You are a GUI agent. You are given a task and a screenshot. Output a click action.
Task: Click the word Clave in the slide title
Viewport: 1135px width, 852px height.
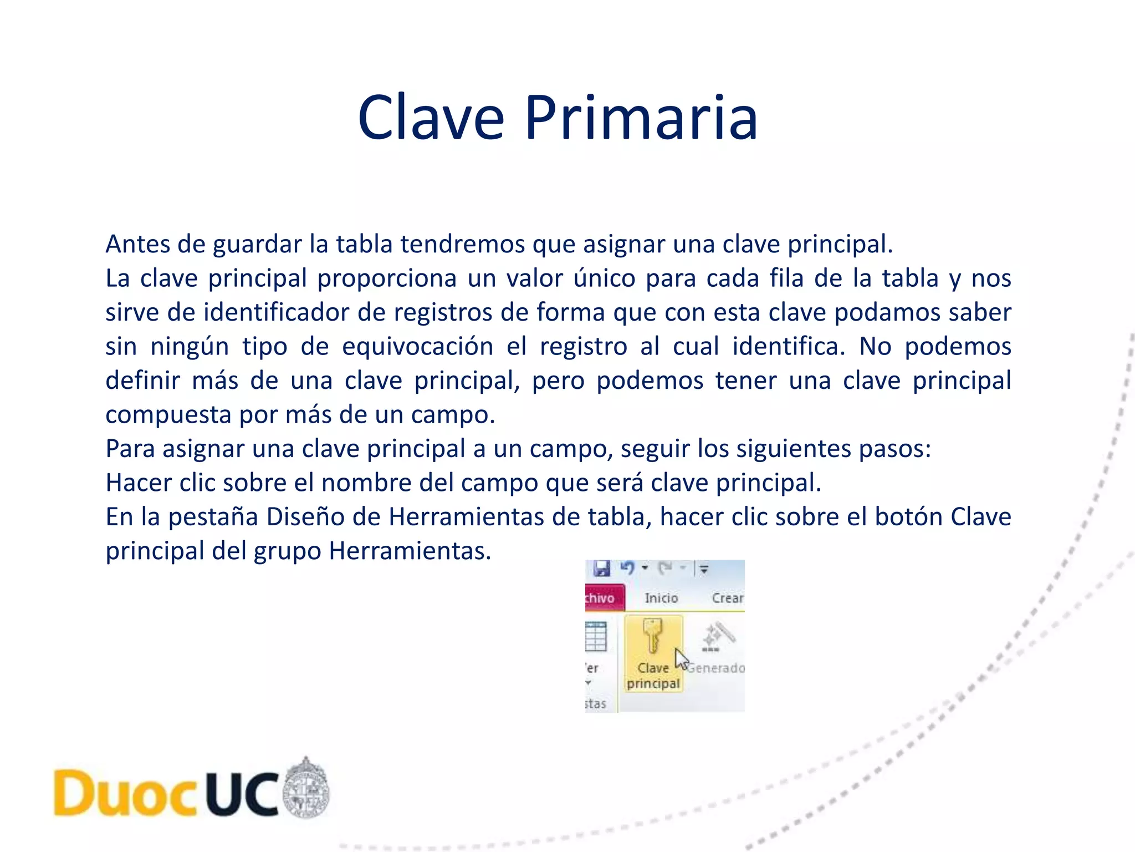[431, 118]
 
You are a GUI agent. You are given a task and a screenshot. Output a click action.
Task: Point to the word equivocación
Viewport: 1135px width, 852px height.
[418, 347]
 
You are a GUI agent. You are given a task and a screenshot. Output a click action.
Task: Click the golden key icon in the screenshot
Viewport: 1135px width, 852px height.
[652, 636]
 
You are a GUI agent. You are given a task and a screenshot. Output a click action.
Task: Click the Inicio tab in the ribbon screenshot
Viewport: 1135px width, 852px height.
[661, 598]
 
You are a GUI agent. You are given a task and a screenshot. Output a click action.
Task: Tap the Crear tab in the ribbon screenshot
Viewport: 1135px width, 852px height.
[727, 598]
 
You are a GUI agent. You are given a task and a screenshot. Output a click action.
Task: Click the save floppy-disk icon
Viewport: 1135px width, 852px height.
[601, 569]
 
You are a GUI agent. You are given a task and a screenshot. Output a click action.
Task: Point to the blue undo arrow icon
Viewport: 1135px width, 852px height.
[627, 568]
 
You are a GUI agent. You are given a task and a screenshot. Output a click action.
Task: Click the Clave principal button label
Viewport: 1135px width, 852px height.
[653, 676]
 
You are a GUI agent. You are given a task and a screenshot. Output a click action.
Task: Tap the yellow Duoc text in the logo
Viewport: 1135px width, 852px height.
[125, 793]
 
